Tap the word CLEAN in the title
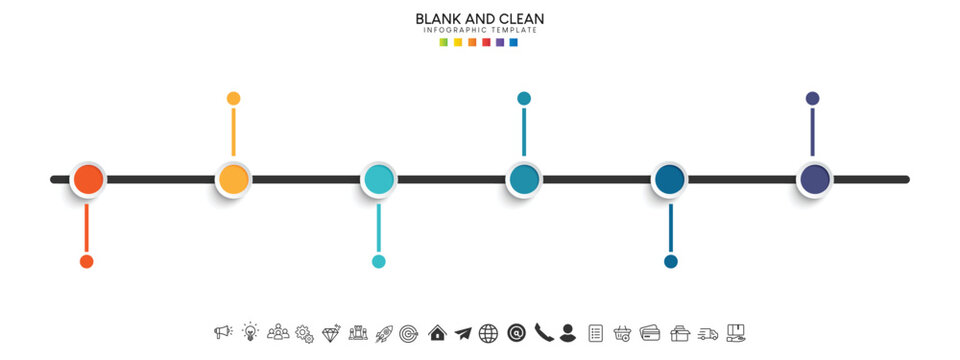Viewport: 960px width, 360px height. point(520,19)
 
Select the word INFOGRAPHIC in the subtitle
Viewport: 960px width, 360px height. point(458,31)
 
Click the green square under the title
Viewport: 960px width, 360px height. point(444,43)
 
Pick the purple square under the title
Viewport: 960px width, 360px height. point(500,43)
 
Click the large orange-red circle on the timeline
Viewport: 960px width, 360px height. point(87,180)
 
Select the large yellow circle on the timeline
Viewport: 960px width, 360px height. point(233,180)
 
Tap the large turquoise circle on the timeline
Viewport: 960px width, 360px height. point(379,180)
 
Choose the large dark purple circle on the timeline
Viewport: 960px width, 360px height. point(815,180)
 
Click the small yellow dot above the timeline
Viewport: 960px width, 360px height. point(233,98)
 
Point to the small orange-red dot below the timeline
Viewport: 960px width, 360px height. point(87,262)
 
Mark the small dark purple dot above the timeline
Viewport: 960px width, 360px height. point(813,98)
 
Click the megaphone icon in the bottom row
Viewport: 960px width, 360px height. point(223,333)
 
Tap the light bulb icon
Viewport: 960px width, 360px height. point(250,333)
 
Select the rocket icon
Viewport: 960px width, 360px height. point(384,333)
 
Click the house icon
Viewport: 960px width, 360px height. point(437,333)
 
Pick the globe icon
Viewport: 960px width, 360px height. point(489,333)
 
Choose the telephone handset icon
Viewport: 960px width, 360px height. point(543,333)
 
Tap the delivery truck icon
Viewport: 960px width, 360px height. point(708,333)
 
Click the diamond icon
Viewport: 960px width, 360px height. point(331,333)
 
